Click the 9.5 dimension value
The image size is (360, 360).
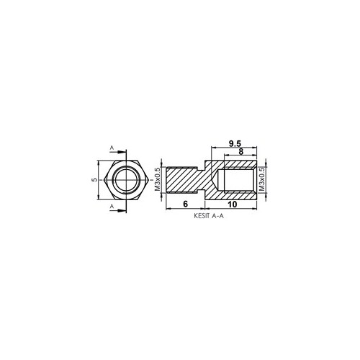pos(235,143)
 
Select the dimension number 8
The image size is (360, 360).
pos(240,152)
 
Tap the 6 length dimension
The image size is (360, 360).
pos(185,204)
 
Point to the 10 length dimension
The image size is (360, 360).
pos(233,204)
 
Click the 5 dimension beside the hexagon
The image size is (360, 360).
pos(95,180)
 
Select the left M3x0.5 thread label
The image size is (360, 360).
pos(158,179)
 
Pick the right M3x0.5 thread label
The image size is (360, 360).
pos(262,179)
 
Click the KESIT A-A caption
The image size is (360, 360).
pos(209,216)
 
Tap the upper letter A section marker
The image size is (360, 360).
pos(112,148)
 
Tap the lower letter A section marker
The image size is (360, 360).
pos(112,206)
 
